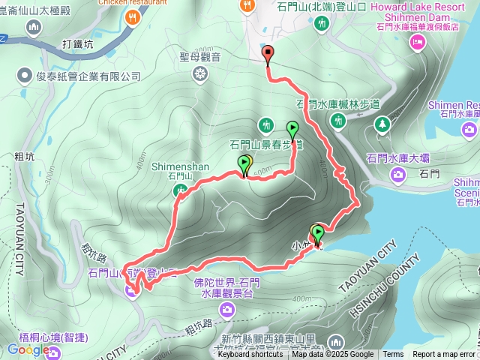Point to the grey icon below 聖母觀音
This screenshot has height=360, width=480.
(199, 73)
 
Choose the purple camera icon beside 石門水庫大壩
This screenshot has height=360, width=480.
(397, 175)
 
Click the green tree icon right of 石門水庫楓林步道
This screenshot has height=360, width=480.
(382, 123)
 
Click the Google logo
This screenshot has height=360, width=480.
(28, 349)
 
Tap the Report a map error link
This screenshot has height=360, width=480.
(443, 354)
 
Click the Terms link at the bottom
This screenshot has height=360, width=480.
(393, 354)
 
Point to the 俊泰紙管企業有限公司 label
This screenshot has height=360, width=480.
(88, 76)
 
